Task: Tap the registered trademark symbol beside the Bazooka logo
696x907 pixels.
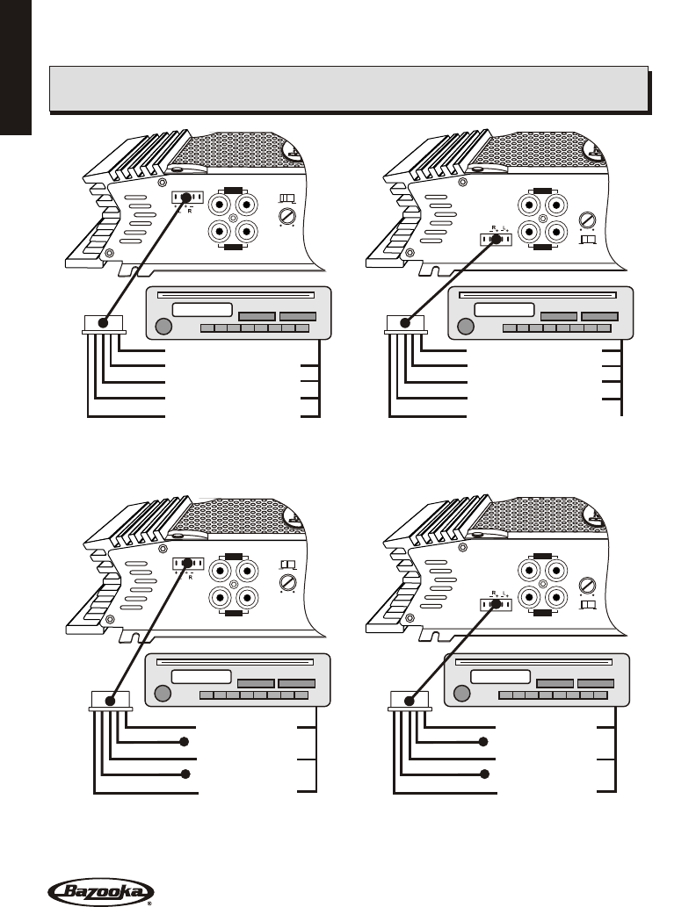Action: click(x=149, y=902)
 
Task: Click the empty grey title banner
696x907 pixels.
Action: click(x=349, y=89)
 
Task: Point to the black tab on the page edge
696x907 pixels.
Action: click(x=15, y=66)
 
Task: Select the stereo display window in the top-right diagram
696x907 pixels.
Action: click(x=504, y=310)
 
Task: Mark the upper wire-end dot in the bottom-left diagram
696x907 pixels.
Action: click(x=185, y=742)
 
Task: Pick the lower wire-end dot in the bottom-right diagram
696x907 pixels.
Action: click(x=483, y=774)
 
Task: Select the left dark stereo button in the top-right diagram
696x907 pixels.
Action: click(x=558, y=316)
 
